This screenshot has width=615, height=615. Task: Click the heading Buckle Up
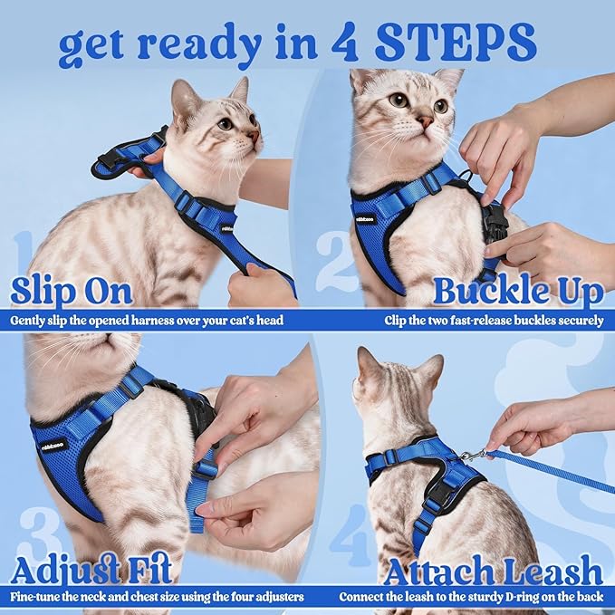coord(518,292)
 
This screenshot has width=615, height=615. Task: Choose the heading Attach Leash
coord(493,571)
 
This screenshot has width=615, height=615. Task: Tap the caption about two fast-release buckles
coord(494,320)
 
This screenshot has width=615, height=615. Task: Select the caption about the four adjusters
coord(158,597)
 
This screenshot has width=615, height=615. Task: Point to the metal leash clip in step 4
coord(471,455)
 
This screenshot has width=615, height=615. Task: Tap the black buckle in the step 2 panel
coord(495,220)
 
